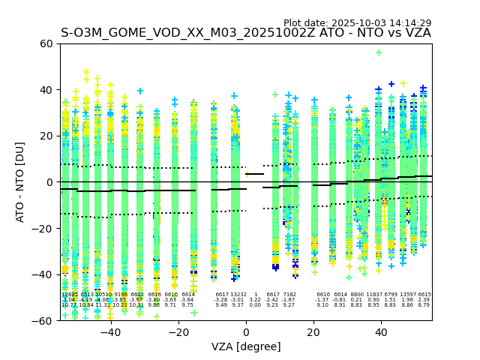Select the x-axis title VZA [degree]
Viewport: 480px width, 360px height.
246,346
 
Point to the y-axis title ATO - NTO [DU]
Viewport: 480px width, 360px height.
20,182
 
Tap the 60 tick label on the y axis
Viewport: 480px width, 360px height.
46,43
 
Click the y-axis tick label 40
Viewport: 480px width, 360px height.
46,90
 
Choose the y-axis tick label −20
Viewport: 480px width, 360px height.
43,228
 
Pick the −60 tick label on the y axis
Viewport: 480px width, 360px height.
43,320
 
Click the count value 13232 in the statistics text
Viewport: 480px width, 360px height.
238,295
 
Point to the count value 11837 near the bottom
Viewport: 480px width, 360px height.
373,295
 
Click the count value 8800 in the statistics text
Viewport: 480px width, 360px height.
356,295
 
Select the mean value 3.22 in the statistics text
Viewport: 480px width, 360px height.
255,300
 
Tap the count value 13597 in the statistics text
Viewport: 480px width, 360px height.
408,295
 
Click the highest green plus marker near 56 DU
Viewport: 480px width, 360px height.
379,52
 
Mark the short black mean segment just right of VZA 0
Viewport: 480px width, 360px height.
255,174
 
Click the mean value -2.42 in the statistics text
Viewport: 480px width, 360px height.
272,300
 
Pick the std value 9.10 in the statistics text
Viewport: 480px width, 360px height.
322,305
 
